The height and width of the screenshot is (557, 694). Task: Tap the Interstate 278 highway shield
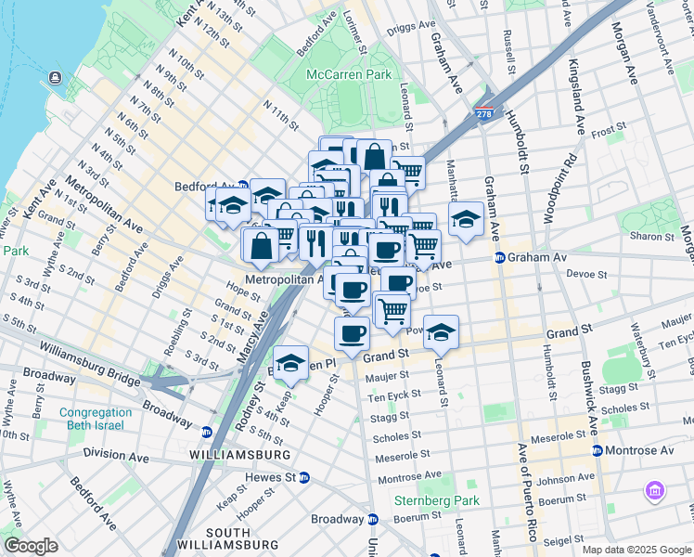(x=484, y=113)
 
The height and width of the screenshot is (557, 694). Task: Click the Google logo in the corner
(x=31, y=546)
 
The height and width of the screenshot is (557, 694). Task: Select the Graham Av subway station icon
(x=499, y=258)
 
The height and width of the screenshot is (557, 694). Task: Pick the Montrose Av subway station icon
(x=597, y=450)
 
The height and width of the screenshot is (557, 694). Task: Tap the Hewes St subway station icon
(x=303, y=477)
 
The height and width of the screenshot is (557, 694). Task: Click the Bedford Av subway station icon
(x=243, y=186)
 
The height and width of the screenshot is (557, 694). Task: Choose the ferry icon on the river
(x=55, y=76)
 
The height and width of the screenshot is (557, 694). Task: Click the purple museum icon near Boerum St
(x=656, y=489)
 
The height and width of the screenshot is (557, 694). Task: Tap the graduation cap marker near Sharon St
(x=467, y=219)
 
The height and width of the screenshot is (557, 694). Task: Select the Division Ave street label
(x=116, y=455)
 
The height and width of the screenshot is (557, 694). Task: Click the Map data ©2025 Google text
(x=636, y=550)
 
